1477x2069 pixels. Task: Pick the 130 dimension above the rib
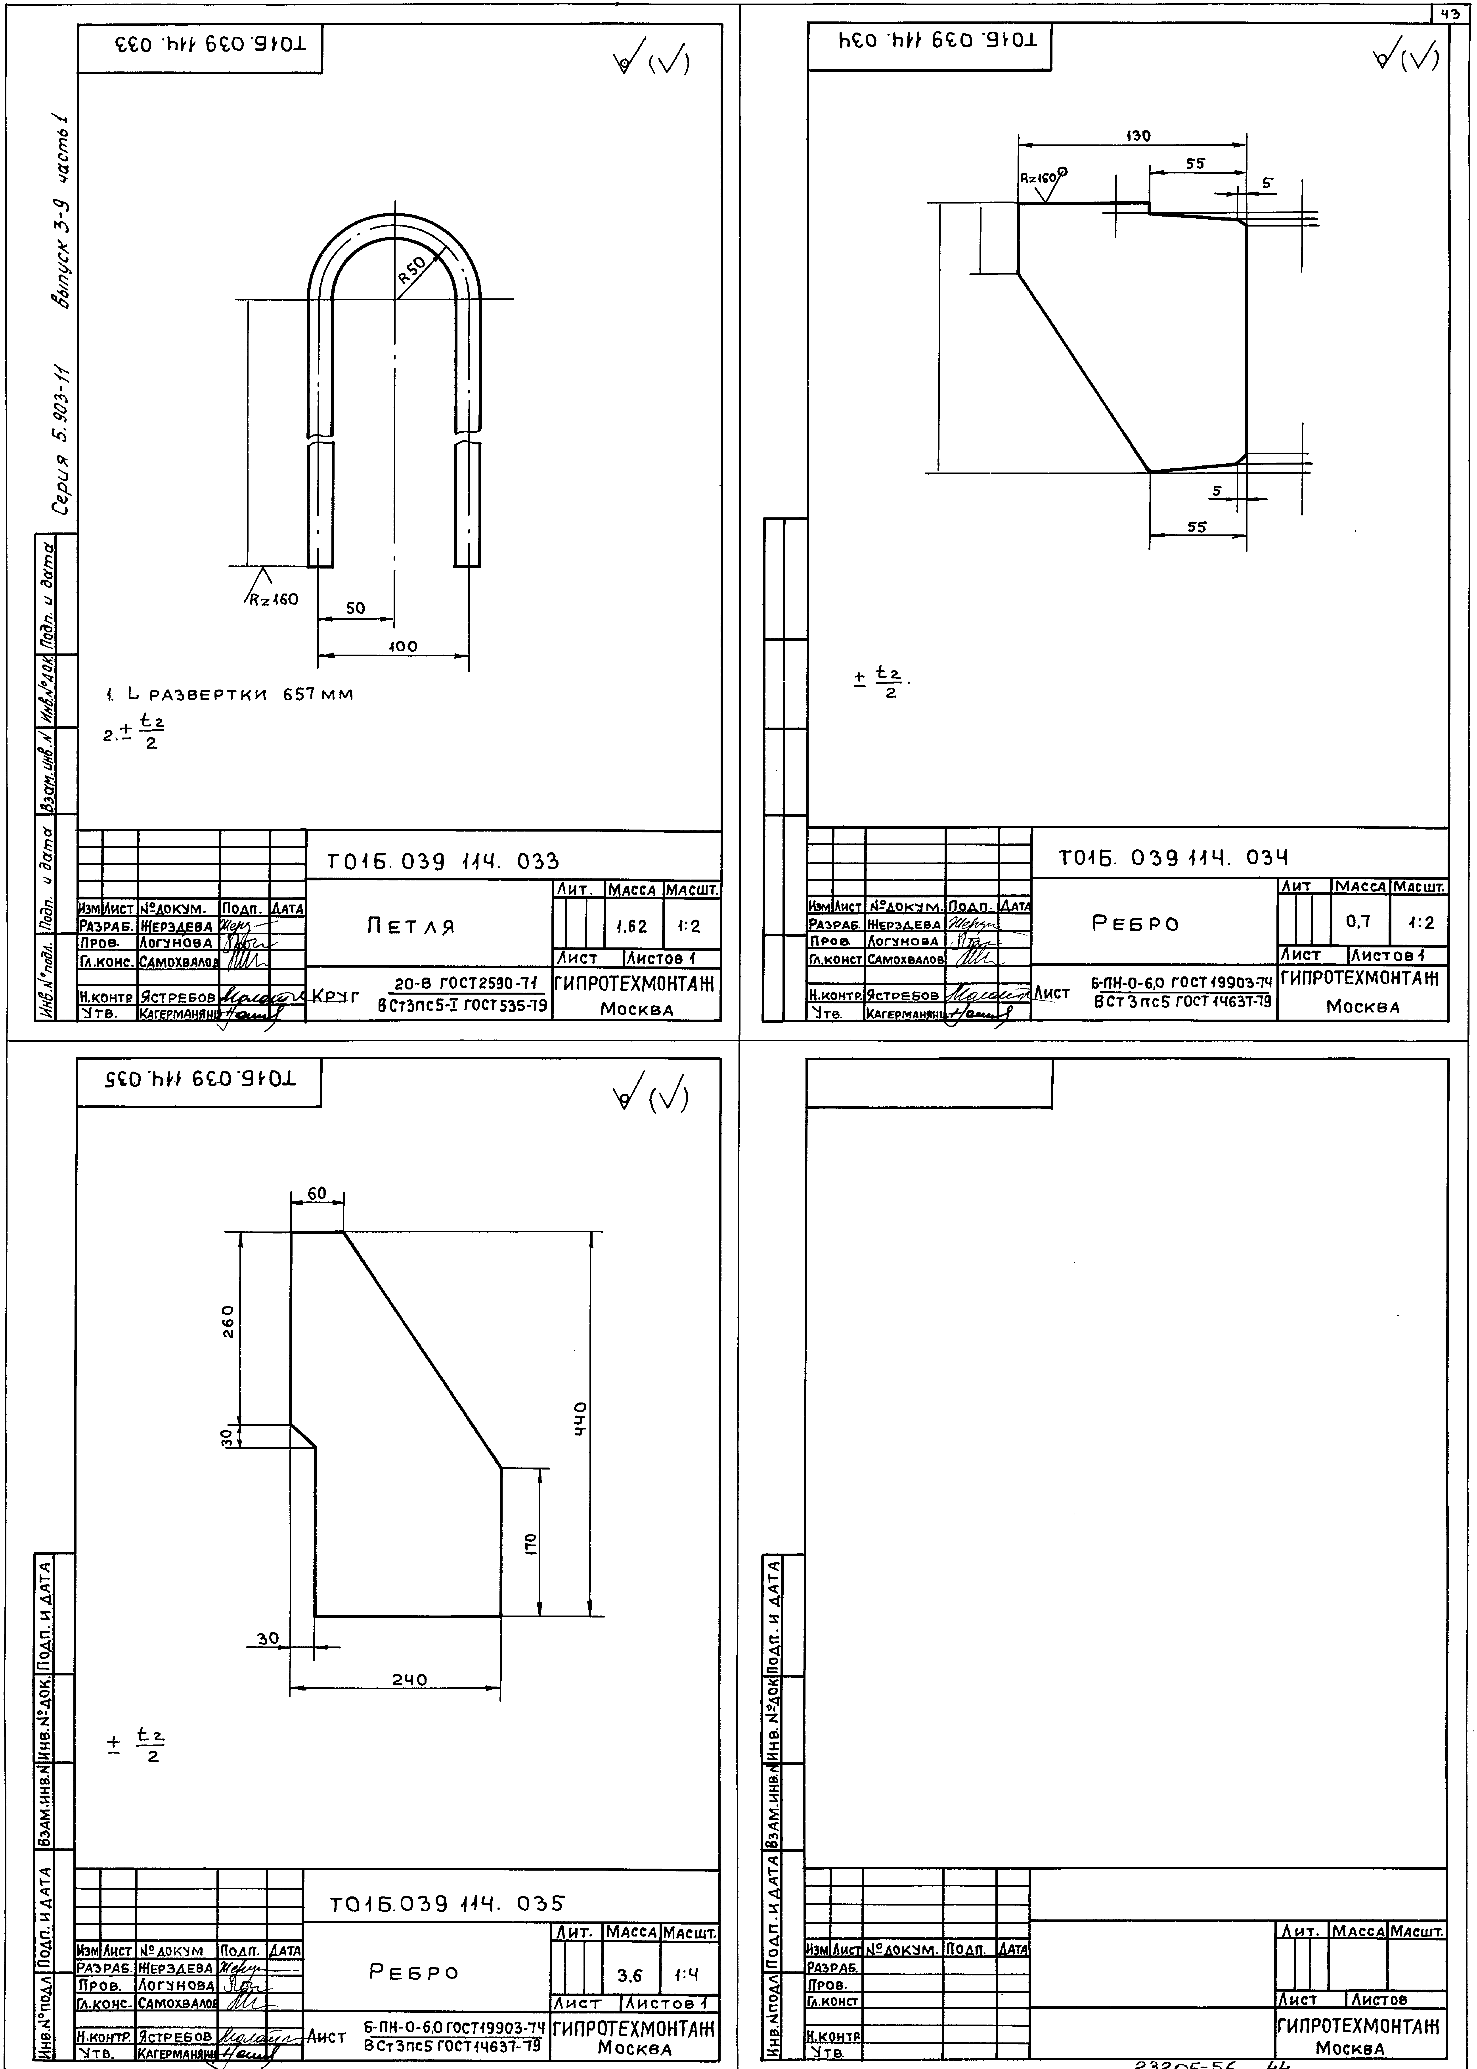pos(1138,136)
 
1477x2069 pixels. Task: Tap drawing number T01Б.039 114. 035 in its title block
pos(447,1903)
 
